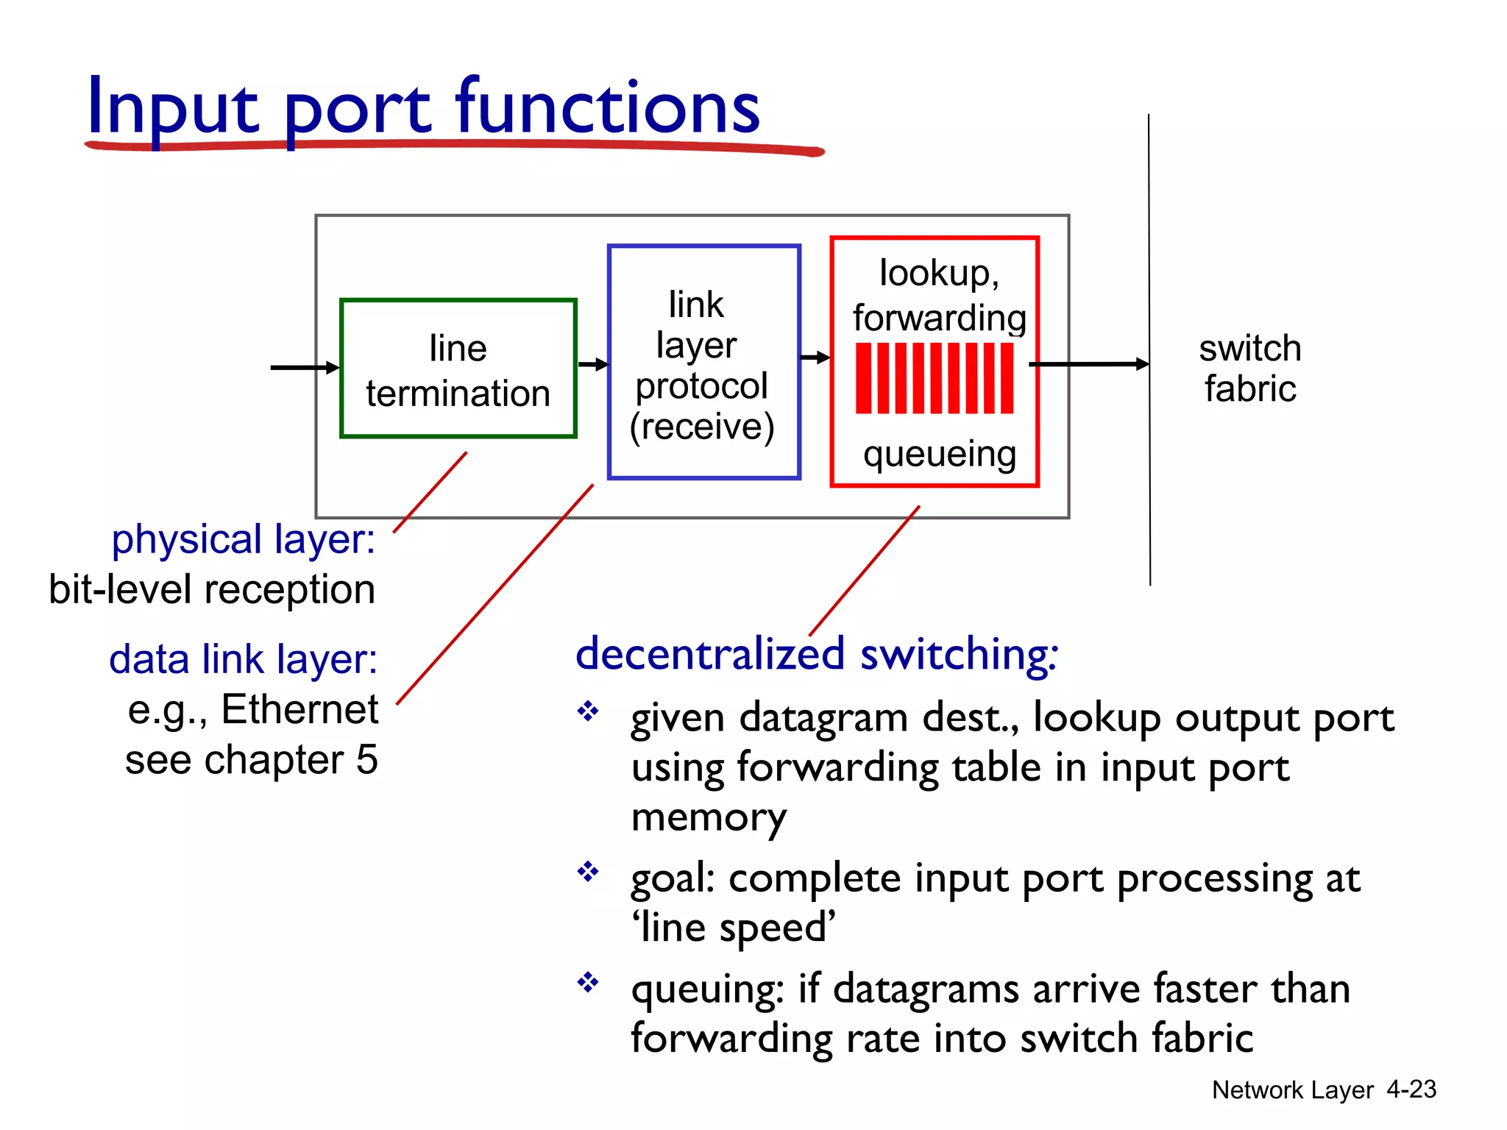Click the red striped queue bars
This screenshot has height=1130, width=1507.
point(935,378)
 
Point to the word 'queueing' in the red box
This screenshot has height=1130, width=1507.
point(940,454)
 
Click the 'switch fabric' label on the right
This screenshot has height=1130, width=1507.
point(1249,369)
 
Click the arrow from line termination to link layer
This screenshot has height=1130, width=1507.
point(592,364)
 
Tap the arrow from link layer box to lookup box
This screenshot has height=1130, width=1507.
point(815,358)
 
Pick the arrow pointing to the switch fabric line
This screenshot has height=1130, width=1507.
point(1089,363)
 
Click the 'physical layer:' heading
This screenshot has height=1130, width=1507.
point(243,539)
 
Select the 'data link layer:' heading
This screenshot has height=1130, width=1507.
point(243,659)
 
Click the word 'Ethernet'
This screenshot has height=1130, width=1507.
point(299,710)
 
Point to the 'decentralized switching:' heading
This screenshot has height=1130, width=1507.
point(817,654)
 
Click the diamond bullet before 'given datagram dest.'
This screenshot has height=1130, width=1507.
point(587,711)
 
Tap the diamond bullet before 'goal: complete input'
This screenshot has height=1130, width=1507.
point(587,872)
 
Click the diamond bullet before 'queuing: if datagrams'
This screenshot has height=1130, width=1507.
point(587,982)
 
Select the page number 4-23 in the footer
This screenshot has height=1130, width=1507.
point(1411,1090)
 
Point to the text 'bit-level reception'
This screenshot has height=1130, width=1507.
point(212,590)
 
